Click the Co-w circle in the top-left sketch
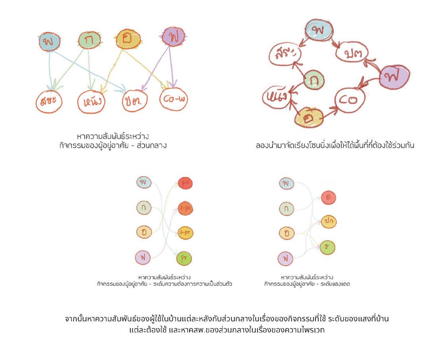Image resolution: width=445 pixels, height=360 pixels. pos(173,100)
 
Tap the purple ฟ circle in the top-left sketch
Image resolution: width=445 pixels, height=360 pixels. pos(174,38)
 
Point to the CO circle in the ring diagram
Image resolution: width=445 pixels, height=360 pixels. pos(348,101)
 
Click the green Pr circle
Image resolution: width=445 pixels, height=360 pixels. pos(184,259)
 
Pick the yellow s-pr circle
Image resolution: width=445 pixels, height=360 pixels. pos(184,233)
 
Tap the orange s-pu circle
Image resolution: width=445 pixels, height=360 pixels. pos(184,208)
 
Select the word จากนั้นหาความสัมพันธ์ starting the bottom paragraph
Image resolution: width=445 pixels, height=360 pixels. pos(104,319)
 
